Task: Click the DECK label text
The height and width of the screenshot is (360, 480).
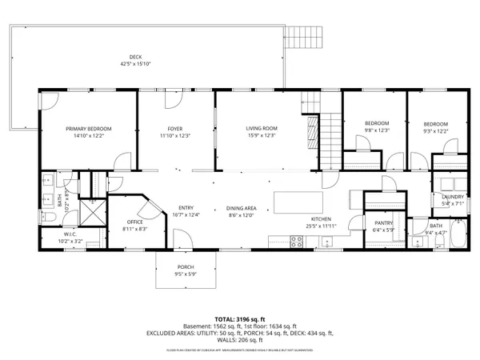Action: pyautogui.click(x=136, y=56)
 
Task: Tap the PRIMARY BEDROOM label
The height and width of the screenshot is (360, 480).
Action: pyautogui.click(x=89, y=129)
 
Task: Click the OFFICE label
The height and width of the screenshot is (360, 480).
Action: pyautogui.click(x=135, y=222)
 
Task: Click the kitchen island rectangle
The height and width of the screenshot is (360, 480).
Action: pyautogui.click(x=298, y=202)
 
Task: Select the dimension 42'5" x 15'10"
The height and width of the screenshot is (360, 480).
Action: pyautogui.click(x=136, y=63)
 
